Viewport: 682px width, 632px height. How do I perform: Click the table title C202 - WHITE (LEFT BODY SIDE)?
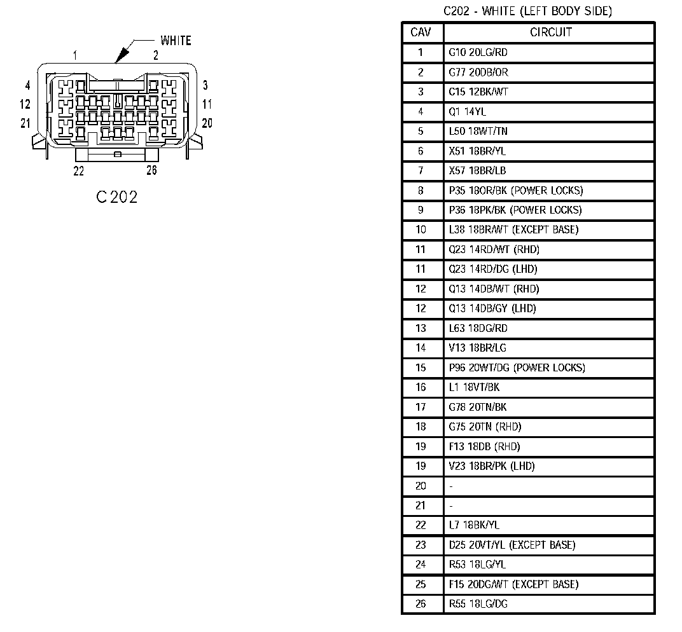[527, 11]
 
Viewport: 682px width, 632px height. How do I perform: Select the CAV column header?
[421, 32]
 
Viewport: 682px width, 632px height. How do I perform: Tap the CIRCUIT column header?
[550, 32]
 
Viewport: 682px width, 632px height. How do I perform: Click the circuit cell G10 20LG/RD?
[478, 53]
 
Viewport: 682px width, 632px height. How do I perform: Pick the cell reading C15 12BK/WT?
[478, 92]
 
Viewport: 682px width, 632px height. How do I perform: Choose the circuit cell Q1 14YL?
[468, 112]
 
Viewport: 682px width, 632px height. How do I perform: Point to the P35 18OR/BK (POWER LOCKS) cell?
[515, 191]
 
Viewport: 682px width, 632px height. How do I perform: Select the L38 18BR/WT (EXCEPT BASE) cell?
[513, 230]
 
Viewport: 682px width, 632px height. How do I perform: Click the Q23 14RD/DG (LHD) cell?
[493, 269]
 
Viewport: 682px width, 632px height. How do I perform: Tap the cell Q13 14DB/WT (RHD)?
[494, 289]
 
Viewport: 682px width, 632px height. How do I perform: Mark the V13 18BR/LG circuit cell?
[478, 348]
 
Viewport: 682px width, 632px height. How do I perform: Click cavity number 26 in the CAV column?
[421, 604]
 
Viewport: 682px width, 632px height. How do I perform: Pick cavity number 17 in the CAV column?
[421, 407]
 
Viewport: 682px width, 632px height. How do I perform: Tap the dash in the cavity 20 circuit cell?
[450, 486]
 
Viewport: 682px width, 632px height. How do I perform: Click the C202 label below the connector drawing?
[117, 197]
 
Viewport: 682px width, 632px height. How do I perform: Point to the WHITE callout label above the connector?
[176, 41]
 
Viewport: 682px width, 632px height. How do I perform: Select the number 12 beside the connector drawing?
[25, 104]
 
